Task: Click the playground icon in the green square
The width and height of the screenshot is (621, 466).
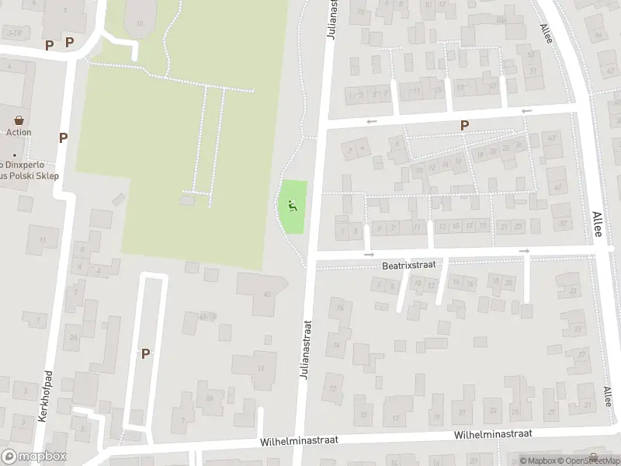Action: pyautogui.click(x=292, y=206)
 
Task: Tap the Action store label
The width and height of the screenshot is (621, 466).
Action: pyautogui.click(x=19, y=132)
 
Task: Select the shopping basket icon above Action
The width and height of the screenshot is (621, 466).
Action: pyautogui.click(x=19, y=120)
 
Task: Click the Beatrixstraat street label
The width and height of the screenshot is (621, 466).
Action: pyautogui.click(x=408, y=265)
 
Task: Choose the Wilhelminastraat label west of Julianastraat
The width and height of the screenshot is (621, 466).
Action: pyautogui.click(x=292, y=442)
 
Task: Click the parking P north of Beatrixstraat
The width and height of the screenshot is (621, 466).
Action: pyautogui.click(x=464, y=125)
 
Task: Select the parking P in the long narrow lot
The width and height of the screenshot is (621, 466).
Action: pyautogui.click(x=144, y=353)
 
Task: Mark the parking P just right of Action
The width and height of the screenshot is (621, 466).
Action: pyautogui.click(x=63, y=137)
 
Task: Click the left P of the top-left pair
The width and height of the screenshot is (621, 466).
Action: pyautogui.click(x=50, y=44)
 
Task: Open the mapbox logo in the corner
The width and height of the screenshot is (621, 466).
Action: pyautogui.click(x=34, y=457)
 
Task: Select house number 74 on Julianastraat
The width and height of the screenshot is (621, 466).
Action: pyautogui.click(x=337, y=346)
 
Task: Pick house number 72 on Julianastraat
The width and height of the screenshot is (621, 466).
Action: pyautogui.click(x=333, y=388)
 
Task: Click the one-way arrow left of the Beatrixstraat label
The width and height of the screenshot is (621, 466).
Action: pyautogui.click(x=369, y=255)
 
